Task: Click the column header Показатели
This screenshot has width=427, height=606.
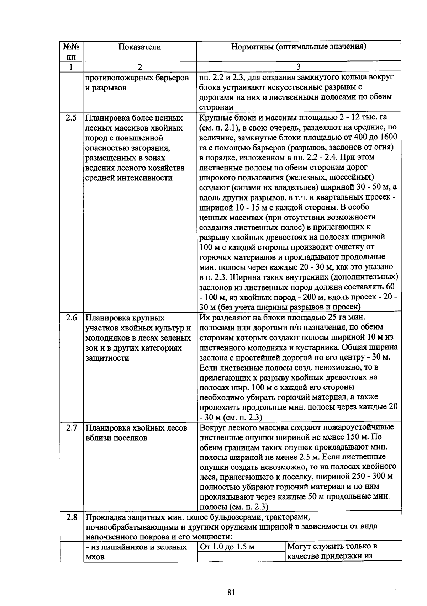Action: [139, 47]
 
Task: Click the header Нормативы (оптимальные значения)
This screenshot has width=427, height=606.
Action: [299, 47]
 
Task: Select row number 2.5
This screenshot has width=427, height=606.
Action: [71, 118]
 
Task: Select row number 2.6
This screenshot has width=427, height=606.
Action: [71, 318]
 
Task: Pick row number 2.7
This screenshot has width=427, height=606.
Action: [71, 428]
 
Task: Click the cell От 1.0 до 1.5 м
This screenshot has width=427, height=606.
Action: [227, 547]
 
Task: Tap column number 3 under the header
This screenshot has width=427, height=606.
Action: [299, 67]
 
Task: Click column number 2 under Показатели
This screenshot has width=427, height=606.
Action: [139, 67]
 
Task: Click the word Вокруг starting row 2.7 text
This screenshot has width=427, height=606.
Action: [212, 427]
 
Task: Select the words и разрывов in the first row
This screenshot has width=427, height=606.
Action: [106, 88]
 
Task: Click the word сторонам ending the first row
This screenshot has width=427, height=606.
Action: [216, 107]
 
